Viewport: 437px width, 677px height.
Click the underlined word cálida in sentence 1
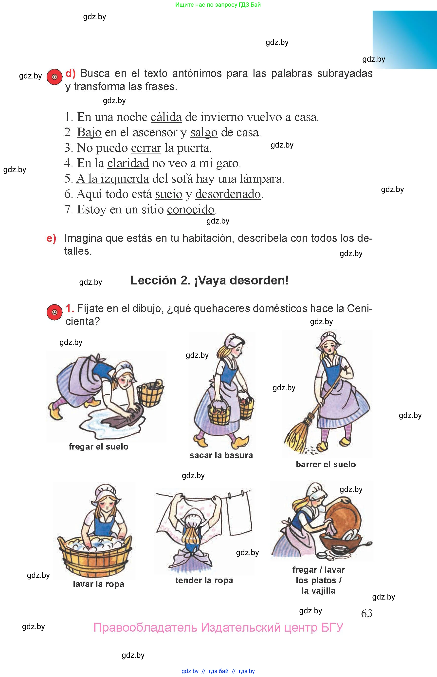(x=166, y=117)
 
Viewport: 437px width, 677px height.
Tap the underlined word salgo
(x=204, y=132)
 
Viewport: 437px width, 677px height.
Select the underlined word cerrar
(x=146, y=148)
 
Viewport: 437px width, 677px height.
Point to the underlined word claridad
(x=128, y=163)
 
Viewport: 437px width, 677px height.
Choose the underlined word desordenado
(x=228, y=194)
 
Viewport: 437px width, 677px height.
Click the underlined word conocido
(x=190, y=210)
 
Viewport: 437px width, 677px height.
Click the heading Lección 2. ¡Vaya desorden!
(x=209, y=281)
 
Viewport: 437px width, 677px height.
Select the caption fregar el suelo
(x=98, y=447)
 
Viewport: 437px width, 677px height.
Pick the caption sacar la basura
(x=221, y=455)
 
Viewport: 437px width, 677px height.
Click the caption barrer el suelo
(x=326, y=464)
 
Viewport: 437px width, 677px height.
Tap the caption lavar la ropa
(x=98, y=584)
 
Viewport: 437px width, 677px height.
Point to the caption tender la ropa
(x=204, y=581)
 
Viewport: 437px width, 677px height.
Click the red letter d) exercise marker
(x=70, y=74)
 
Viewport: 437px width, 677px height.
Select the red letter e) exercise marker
(x=51, y=238)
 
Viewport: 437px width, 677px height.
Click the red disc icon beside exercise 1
(x=54, y=312)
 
